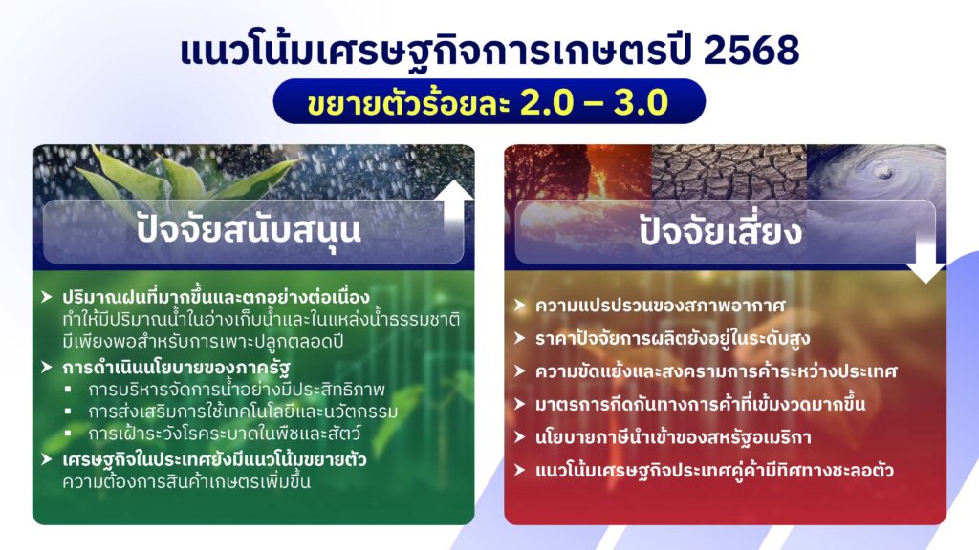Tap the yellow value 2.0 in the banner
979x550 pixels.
pos(547,102)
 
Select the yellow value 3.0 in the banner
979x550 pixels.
pos(641,102)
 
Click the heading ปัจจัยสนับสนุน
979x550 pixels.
pos(249,229)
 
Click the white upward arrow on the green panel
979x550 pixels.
pos(454,209)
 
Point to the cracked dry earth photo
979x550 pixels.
pos(729,174)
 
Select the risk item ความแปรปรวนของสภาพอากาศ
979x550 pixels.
pos(660,306)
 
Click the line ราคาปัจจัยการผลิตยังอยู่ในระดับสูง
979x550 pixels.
pos(672,339)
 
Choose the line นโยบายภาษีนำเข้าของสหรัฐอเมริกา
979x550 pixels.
pos(673,437)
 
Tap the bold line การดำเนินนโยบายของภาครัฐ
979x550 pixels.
pos(176,368)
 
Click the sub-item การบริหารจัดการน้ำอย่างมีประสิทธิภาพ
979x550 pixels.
pos(237,390)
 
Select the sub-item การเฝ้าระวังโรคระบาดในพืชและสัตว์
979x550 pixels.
pos(224,434)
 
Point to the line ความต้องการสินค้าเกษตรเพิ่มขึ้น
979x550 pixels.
pos(186,481)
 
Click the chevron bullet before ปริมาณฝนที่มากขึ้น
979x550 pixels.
pos(46,297)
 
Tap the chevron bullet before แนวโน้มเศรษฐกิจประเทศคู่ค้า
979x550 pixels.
pos(519,470)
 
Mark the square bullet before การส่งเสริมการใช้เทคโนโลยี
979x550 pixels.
pos(68,412)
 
